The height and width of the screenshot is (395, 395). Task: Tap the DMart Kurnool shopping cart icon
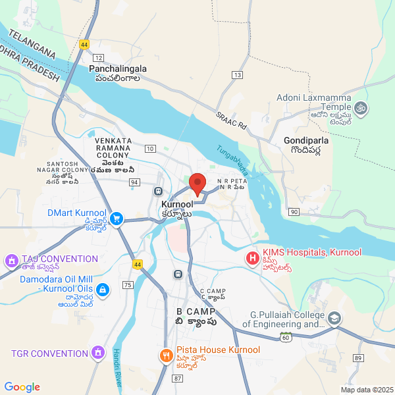point(117,218)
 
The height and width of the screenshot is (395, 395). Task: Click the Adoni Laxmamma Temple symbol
point(360,107)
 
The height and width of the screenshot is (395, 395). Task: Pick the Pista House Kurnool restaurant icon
point(165,356)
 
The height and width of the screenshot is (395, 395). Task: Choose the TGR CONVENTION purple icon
point(98,354)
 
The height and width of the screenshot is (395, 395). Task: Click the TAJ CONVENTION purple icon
point(11,261)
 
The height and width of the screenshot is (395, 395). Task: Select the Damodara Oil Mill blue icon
point(102,290)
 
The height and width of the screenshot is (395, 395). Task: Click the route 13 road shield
point(236,75)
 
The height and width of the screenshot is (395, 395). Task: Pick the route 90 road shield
point(294,211)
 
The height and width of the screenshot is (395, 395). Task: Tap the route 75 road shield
point(127,284)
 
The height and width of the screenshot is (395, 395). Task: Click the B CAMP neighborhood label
point(196,311)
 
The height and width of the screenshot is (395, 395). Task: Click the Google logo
point(22,387)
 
